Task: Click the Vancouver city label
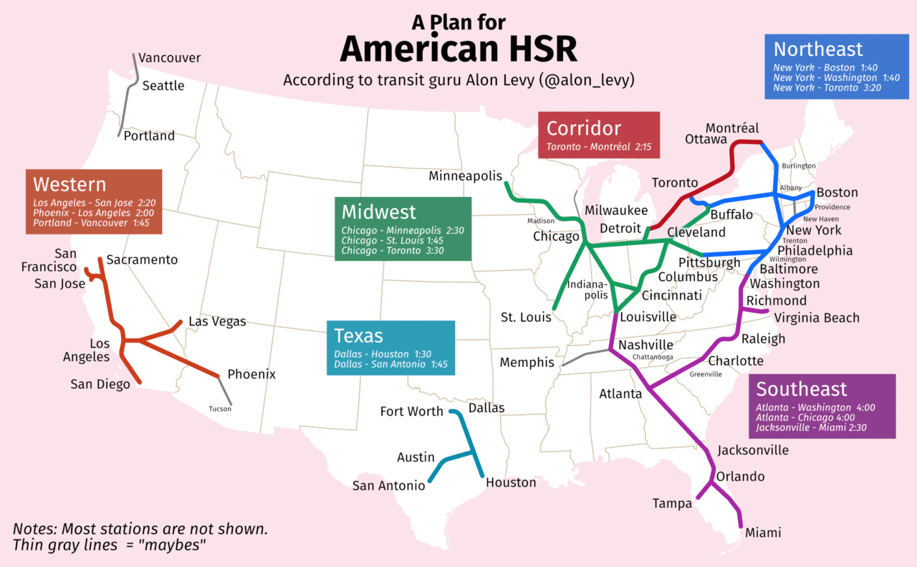[x=169, y=58]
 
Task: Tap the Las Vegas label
[x=217, y=322]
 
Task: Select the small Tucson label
[x=220, y=409]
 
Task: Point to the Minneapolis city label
[x=465, y=176]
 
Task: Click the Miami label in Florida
[x=763, y=533]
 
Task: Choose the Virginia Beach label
[x=817, y=318]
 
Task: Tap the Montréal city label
[x=731, y=128]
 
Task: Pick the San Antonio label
[x=388, y=486]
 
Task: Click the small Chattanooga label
[x=653, y=357]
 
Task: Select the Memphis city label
[x=527, y=363]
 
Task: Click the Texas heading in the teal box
[x=358, y=335]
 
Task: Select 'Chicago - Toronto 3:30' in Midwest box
[x=393, y=251]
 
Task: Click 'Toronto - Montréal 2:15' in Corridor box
[x=599, y=147]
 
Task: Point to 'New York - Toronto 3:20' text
[x=827, y=87]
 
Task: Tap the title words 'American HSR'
[x=458, y=50]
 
